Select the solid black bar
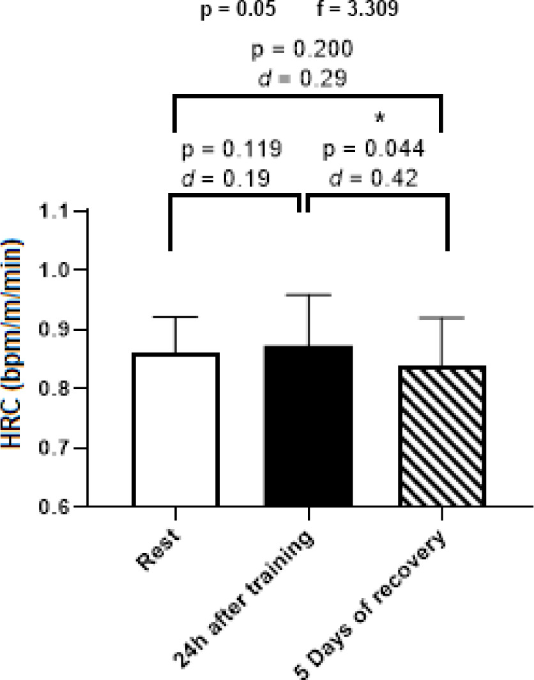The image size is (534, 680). (309, 426)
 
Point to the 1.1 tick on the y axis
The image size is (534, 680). (56, 212)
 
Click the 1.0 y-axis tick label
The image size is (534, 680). (56, 270)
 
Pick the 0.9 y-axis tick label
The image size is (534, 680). (56, 330)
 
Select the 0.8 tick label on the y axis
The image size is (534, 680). (56, 389)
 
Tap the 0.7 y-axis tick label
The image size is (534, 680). (56, 448)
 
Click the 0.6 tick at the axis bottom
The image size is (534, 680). (56, 507)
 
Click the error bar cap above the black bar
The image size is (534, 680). (309, 295)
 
